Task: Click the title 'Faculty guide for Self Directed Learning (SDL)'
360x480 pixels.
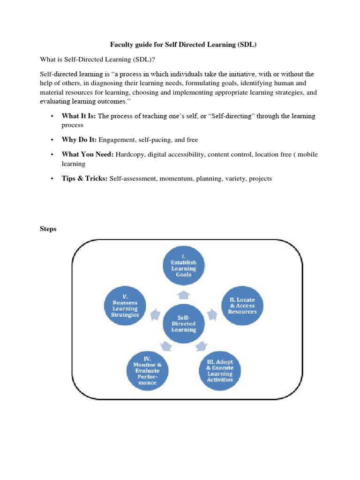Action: (x=184, y=45)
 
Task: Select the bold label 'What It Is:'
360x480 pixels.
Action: (x=79, y=116)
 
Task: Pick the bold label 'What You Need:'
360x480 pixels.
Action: (x=87, y=154)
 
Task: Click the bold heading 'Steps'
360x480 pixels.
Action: (x=47, y=229)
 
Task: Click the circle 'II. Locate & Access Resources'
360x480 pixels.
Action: (x=242, y=306)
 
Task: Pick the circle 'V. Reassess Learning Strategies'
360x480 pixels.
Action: (x=125, y=306)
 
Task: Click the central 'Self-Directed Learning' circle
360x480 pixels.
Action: (x=184, y=323)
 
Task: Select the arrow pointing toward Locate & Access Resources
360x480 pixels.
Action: (x=212, y=314)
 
